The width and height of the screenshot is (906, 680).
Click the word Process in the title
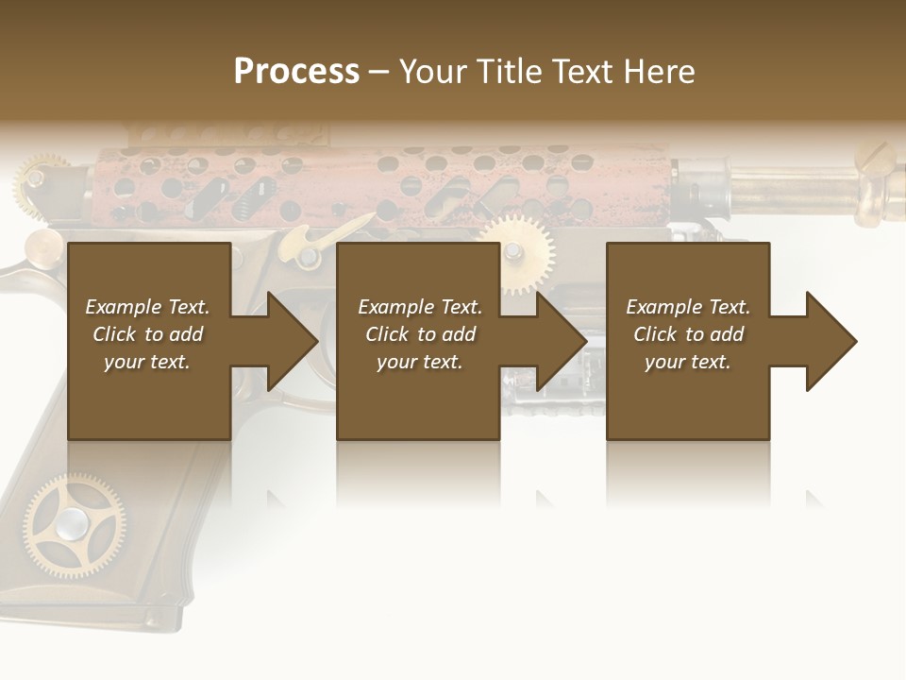(x=296, y=72)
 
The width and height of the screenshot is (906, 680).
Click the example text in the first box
(x=147, y=334)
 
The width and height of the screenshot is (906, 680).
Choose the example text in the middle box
(x=420, y=334)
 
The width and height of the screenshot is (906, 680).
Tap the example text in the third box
(x=688, y=334)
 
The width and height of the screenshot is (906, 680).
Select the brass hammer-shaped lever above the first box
(x=311, y=242)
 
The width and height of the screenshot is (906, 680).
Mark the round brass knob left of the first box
(x=42, y=248)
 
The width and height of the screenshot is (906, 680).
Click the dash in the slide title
(x=379, y=72)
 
